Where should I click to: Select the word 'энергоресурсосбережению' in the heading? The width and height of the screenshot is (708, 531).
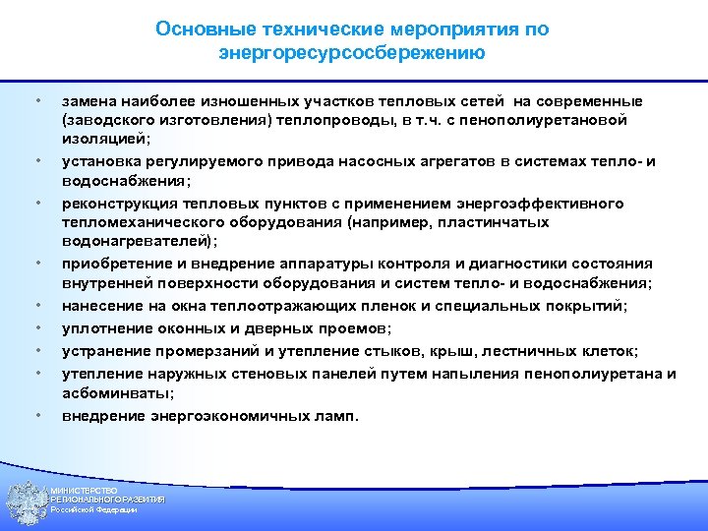point(352,53)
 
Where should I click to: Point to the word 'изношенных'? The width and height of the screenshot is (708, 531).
point(239,101)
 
